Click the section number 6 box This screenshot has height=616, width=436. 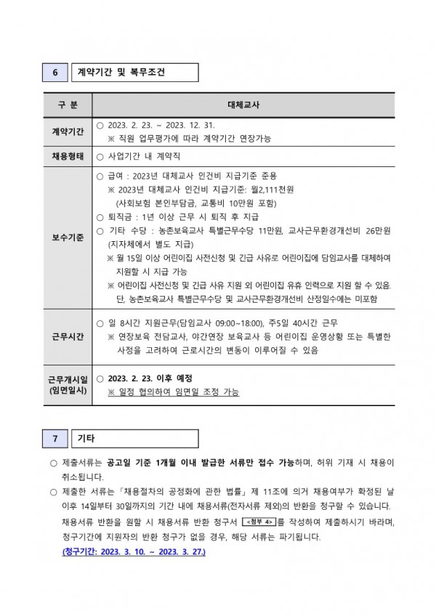coord(55,73)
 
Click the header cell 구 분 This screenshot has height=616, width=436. coord(68,105)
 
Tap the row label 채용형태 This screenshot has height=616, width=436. coord(68,155)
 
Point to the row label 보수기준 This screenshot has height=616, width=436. coord(68,237)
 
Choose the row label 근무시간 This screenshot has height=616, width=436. coord(68,336)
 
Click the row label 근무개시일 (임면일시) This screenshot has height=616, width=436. coord(68,385)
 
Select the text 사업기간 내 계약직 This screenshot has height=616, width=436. coord(143,155)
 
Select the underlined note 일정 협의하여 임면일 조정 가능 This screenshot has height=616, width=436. coord(173,392)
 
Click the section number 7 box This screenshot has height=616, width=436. coord(55,439)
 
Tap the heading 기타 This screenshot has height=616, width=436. coord(86,439)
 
